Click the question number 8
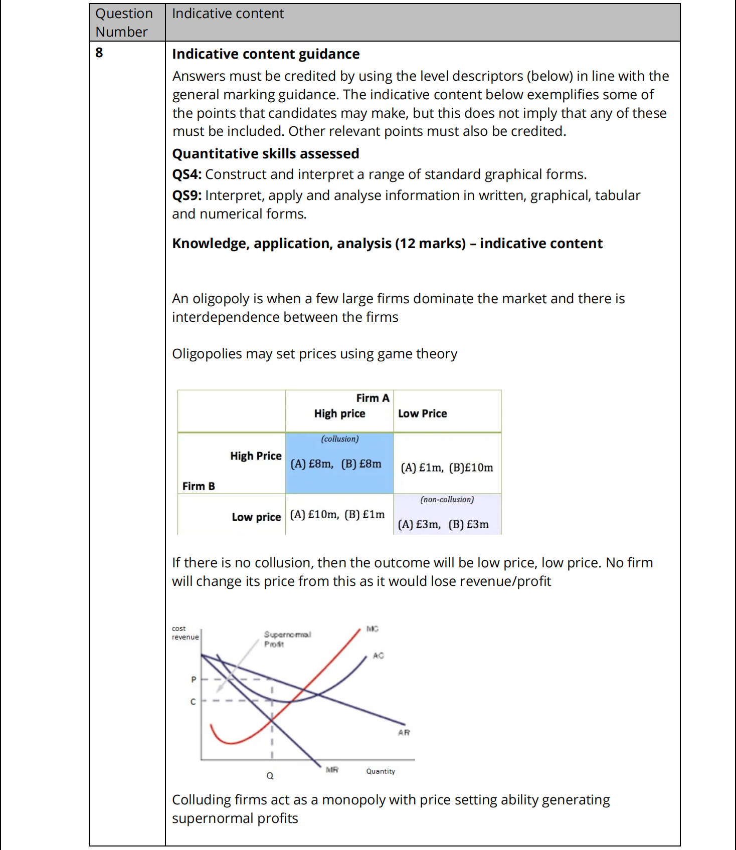point(99,53)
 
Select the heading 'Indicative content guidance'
point(266,54)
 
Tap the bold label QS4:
point(187,174)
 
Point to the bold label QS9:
point(187,195)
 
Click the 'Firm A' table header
point(373,398)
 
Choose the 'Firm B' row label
point(199,486)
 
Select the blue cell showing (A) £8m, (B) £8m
point(336,464)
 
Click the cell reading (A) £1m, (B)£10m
point(447,468)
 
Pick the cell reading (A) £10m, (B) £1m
point(337,515)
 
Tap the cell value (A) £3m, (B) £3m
point(443,525)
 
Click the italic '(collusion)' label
point(340,439)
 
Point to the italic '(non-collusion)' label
point(447,500)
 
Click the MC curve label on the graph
point(373,628)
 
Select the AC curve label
point(378,656)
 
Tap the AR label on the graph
point(404,733)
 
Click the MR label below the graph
point(332,770)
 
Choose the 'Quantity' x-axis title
point(381,771)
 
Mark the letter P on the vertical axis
point(194,680)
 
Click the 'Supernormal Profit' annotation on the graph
point(287,639)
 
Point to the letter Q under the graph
point(270,776)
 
